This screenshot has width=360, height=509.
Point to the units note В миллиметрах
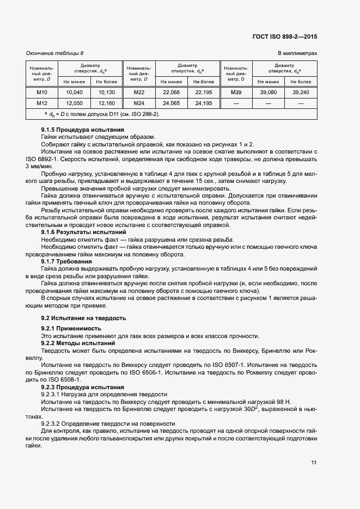pos(297,53)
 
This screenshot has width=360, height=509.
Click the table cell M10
pos(42,93)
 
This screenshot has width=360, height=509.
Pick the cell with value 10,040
pos(74,93)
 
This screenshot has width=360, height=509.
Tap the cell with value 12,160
pos(106,103)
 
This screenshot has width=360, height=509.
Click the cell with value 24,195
pos(204,103)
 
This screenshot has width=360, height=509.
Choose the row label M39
pos(236,93)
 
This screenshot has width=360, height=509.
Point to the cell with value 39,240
pos(301,93)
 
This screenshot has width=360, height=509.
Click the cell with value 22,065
pos(171,93)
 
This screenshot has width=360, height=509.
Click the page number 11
pos(314,463)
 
